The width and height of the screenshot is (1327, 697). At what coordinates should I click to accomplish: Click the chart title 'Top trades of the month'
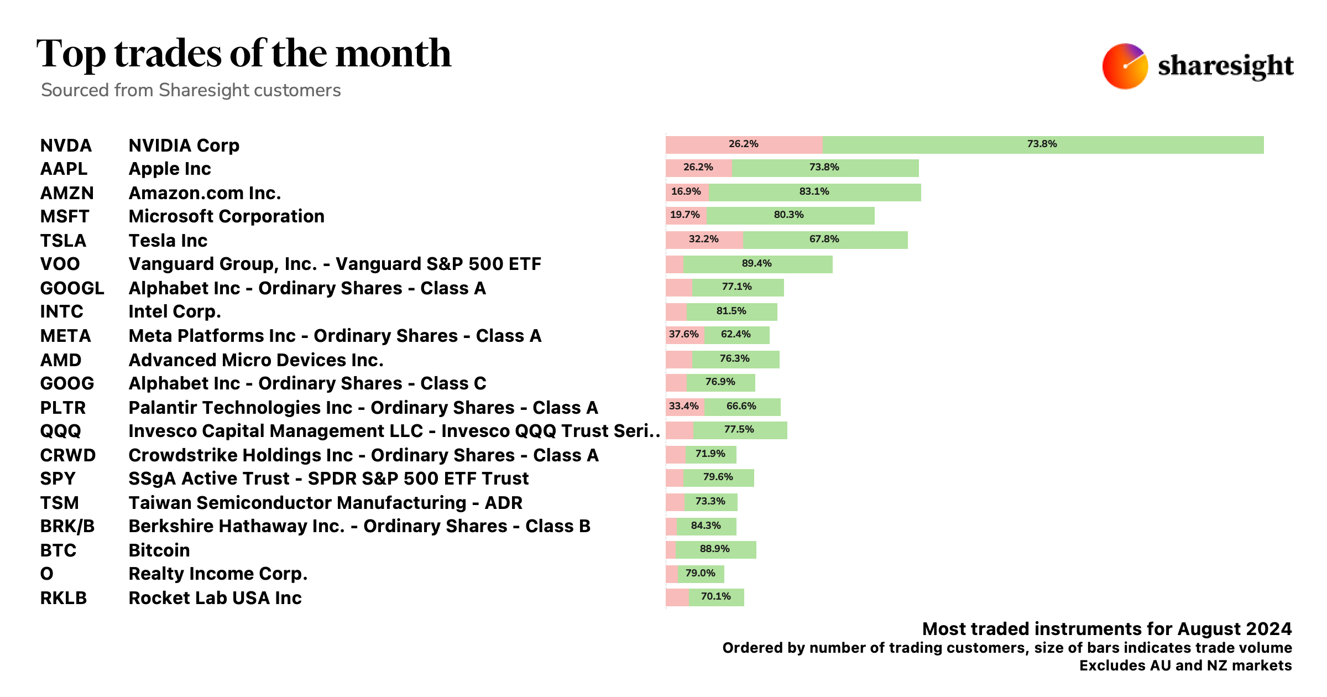[x=244, y=54]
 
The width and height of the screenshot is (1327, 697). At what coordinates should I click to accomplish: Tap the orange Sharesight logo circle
[x=1125, y=66]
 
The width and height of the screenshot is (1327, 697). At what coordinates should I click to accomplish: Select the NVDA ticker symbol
[x=66, y=145]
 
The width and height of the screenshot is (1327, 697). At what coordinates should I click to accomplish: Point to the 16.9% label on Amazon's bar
[x=686, y=191]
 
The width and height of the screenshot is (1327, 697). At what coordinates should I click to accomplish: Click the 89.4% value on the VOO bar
[x=756, y=263]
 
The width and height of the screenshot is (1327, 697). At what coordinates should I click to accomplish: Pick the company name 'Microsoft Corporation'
[x=226, y=216]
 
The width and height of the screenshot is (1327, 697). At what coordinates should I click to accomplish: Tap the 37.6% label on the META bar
[x=683, y=334]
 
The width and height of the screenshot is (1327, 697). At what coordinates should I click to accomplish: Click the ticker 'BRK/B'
[x=67, y=526]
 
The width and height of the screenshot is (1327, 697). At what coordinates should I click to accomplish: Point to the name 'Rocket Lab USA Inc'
[x=215, y=598]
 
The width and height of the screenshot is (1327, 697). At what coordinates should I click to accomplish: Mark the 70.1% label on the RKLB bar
[x=715, y=596]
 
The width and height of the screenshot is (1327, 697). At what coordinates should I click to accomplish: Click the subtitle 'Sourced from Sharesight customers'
[x=191, y=90]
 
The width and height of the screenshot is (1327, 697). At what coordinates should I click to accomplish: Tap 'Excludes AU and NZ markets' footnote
[x=1185, y=665]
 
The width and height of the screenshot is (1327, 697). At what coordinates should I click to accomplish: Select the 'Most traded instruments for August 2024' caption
[x=1106, y=629]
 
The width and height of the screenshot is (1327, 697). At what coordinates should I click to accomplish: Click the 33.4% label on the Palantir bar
[x=683, y=406]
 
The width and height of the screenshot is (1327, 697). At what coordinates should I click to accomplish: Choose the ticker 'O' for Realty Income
[x=47, y=574]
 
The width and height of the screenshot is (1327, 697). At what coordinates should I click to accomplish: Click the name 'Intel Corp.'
[x=174, y=311]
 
